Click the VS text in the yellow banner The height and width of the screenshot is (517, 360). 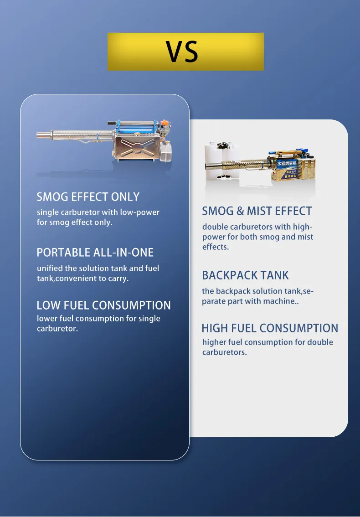[182, 52]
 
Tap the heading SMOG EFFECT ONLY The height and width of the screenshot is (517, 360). [88, 197]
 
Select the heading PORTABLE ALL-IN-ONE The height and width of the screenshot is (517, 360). [95, 253]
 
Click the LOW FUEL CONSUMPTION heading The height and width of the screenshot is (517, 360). [104, 305]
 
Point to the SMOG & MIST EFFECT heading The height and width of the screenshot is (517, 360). [257, 211]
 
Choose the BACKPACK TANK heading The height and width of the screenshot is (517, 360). [245, 275]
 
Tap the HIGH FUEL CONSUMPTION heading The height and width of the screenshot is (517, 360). [270, 328]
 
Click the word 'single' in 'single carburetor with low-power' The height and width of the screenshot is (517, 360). [48, 212]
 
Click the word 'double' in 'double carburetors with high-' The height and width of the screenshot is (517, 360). [215, 227]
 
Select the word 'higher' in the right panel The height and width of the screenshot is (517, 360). [214, 342]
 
